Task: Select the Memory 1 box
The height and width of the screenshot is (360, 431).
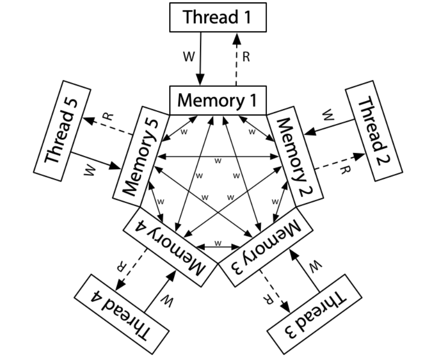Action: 217,101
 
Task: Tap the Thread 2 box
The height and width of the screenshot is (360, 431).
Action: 373,131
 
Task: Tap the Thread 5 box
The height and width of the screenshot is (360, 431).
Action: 62,131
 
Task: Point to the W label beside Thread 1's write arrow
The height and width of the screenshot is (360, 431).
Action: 189,57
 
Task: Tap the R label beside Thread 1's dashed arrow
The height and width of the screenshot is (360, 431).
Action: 246,57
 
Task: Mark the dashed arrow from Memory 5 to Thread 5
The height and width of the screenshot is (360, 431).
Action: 107,127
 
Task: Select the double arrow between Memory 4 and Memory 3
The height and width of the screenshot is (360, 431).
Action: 218,247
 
